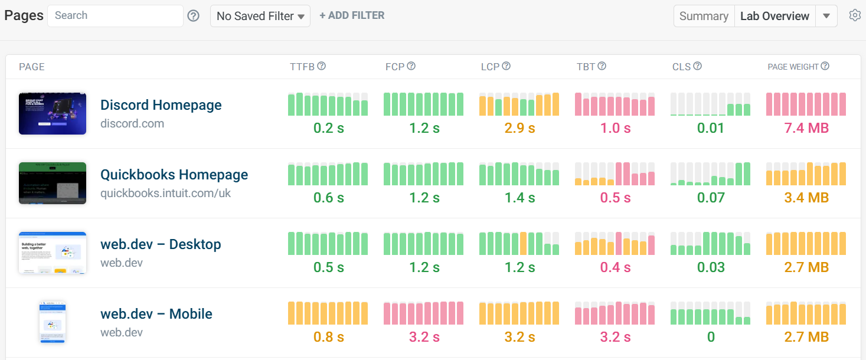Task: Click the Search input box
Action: pyautogui.click(x=115, y=16)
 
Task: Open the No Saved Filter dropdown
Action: pyautogui.click(x=260, y=17)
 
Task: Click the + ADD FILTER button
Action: pyautogui.click(x=352, y=16)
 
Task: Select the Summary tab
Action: pyautogui.click(x=704, y=17)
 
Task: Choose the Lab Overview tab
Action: pyautogui.click(x=775, y=17)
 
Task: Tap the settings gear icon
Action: pyautogui.click(x=854, y=16)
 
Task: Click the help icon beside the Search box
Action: pyautogui.click(x=193, y=17)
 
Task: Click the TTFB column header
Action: pyautogui.click(x=302, y=67)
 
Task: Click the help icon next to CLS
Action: pyautogui.click(x=697, y=67)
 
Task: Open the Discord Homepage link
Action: pyautogui.click(x=161, y=105)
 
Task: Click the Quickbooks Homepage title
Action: pyautogui.click(x=174, y=175)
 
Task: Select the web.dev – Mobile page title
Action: pyautogui.click(x=156, y=314)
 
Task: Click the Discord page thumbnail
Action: pyautogui.click(x=53, y=113)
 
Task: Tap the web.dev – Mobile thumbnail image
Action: pyautogui.click(x=53, y=322)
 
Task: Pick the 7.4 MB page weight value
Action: pyautogui.click(x=806, y=129)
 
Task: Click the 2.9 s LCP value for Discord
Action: pyautogui.click(x=519, y=129)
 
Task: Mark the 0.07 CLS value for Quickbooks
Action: pyautogui.click(x=710, y=198)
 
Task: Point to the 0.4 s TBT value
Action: pyautogui.click(x=615, y=268)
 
